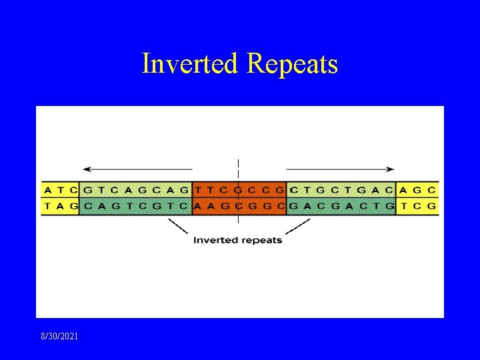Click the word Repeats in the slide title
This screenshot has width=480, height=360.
tap(292, 64)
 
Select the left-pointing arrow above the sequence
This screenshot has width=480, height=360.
tap(137, 169)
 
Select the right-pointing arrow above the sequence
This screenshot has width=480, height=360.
tap(340, 169)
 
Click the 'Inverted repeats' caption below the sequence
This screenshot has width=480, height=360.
tap(237, 240)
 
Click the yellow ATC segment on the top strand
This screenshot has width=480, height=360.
tap(61, 189)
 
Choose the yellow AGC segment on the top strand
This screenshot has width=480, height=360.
tap(417, 189)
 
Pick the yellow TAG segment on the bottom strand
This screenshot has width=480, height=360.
tap(61, 206)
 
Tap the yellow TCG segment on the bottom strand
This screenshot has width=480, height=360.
tap(417, 206)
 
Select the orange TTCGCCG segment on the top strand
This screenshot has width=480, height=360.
tap(239, 189)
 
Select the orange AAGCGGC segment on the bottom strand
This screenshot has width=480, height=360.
tap(239, 206)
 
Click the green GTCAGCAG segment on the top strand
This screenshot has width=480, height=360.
tap(135, 189)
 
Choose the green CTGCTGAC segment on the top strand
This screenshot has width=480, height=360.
tap(341, 189)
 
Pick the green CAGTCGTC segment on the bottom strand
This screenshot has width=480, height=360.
tap(135, 206)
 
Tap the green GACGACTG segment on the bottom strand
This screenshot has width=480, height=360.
tap(341, 206)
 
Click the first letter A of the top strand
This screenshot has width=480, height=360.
tap(49, 189)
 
